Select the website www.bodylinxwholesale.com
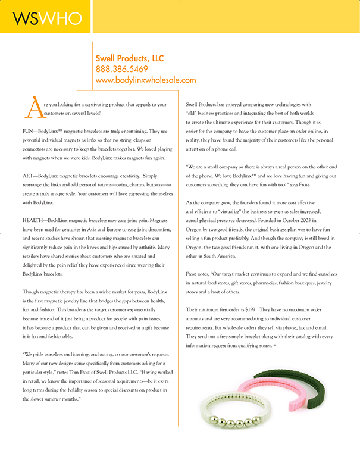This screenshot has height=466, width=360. (x=145, y=79)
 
